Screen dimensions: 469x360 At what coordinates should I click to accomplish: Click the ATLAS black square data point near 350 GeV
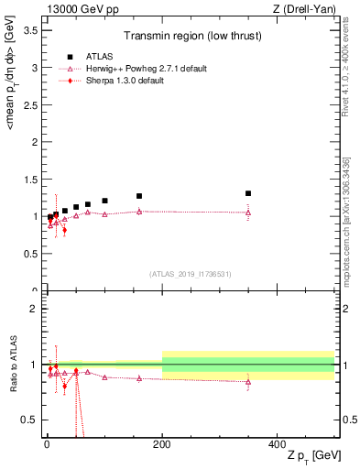(248, 193)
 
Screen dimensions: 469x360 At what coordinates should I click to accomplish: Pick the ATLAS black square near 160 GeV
(139, 196)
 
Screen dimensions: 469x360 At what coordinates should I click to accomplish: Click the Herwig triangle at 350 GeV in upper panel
(248, 213)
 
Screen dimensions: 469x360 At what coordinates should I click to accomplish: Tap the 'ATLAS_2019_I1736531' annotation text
(189, 274)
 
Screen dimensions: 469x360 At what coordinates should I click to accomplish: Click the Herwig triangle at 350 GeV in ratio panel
(248, 382)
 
